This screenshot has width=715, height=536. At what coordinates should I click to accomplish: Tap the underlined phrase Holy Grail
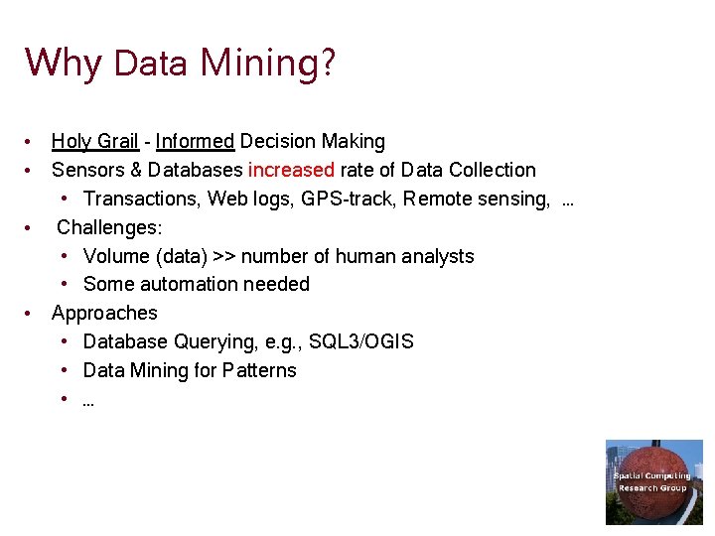point(94,142)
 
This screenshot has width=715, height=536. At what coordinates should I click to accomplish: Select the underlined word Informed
point(195,142)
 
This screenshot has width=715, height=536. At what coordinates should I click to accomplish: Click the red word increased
point(291,170)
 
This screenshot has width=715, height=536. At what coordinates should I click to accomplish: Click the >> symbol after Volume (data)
point(224,256)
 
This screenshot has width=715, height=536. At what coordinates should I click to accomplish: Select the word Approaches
point(104,313)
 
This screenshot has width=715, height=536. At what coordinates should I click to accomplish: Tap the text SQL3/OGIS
point(361,341)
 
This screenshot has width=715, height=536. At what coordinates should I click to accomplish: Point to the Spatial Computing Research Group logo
point(653,481)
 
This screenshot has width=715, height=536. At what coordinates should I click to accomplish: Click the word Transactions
point(140,199)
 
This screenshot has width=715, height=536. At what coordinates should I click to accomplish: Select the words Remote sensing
point(476,199)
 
